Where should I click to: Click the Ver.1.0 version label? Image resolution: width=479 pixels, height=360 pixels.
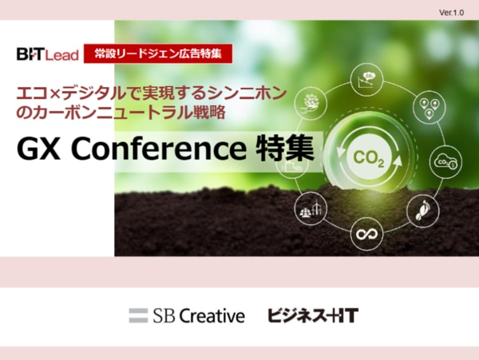[451, 13]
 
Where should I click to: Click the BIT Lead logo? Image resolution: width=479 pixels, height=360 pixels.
[48, 54]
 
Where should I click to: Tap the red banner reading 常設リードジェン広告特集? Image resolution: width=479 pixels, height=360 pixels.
[158, 53]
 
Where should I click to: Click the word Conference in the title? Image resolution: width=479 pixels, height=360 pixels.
[158, 149]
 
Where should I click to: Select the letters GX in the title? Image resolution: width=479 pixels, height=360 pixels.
[38, 149]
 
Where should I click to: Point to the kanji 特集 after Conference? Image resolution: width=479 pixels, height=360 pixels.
[285, 148]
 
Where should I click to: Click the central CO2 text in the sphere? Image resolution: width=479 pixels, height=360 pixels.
[368, 159]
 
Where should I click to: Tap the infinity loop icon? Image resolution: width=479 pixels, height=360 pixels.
[366, 234]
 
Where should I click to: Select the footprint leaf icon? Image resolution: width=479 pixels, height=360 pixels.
[423, 211]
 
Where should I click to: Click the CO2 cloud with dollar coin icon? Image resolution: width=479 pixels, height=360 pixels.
[445, 161]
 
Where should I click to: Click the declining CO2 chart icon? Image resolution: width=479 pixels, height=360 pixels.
[366, 79]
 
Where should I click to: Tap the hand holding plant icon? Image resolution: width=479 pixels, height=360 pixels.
[310, 103]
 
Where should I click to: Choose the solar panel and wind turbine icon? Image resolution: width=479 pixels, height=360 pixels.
[310, 209]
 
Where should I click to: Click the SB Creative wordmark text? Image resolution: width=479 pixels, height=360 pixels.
[199, 315]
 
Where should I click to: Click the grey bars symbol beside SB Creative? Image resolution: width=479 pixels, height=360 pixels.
[138, 315]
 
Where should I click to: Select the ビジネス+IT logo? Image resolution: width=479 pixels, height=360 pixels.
[313, 315]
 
